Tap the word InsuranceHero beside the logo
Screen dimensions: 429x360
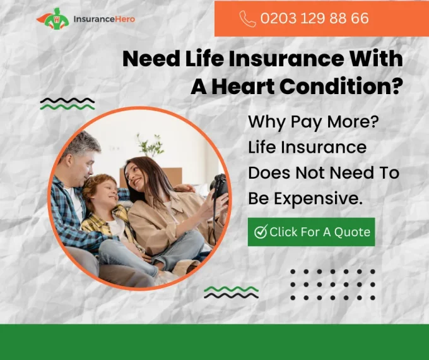(104, 19)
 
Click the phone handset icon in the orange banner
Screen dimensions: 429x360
(247, 18)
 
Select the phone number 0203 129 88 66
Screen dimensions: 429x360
(314, 18)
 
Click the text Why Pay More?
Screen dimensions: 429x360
(314, 122)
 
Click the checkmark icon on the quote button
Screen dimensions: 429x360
(261, 232)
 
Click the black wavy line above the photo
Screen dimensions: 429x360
(68, 100)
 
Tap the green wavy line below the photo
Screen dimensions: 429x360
(231, 289)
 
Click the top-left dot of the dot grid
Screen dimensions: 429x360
(293, 272)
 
